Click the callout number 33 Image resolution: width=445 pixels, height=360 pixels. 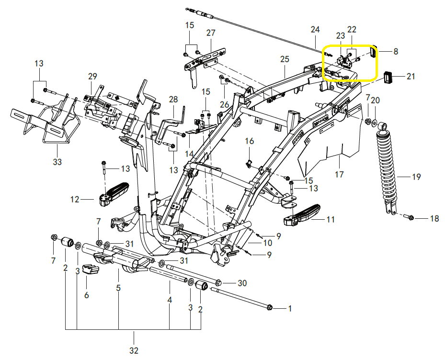pyautogui.click(x=57, y=162)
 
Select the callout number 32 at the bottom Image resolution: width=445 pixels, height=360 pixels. pyautogui.click(x=134, y=350)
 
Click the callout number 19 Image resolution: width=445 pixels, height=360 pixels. pyautogui.click(x=416, y=177)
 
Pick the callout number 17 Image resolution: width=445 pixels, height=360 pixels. pyautogui.click(x=339, y=175)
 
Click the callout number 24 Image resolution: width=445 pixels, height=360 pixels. pyautogui.click(x=315, y=30)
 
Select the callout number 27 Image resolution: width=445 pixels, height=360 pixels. pyautogui.click(x=211, y=33)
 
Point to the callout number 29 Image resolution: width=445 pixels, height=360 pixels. pyautogui.click(x=92, y=76)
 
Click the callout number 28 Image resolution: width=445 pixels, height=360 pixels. pyautogui.click(x=173, y=99)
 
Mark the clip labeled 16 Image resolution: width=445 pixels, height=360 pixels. pyautogui.click(x=249, y=163)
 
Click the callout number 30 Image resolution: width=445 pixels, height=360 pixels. pyautogui.click(x=242, y=283)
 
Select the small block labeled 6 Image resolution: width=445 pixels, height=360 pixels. pyautogui.click(x=90, y=270)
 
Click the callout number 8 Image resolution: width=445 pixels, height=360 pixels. pyautogui.click(x=396, y=51)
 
